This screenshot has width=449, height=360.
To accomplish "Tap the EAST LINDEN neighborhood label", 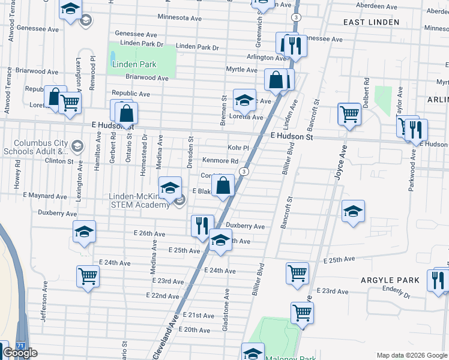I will [371, 22].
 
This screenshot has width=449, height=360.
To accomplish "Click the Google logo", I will [20, 353].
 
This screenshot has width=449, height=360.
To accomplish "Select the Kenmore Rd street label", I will [220, 161].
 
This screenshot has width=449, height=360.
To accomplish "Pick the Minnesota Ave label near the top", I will [179, 17].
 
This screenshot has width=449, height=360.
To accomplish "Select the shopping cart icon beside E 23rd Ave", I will [88, 276].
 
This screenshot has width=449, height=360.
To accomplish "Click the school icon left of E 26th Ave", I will [84, 231].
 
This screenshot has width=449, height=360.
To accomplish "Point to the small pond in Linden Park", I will [113, 58].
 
